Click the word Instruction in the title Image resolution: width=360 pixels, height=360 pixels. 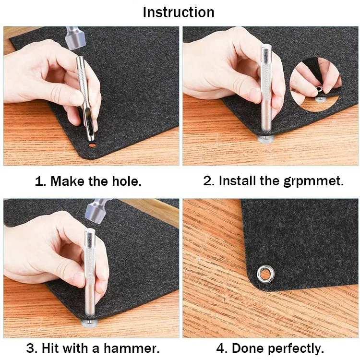179,12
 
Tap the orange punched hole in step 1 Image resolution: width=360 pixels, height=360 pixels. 92,144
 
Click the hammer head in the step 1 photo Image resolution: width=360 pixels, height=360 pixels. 74,38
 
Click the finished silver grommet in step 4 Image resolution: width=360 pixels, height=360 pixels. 265,274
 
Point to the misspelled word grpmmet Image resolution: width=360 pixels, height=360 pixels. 313,181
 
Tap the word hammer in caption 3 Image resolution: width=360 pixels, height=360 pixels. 132,348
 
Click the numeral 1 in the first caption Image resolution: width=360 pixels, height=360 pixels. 39,181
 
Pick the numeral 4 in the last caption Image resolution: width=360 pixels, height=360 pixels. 221,348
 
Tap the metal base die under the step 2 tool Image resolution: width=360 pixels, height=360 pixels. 266,138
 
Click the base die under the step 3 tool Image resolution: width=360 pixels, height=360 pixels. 90,322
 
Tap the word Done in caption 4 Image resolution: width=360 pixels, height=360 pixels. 248,348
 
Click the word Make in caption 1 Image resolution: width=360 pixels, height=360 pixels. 68,181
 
